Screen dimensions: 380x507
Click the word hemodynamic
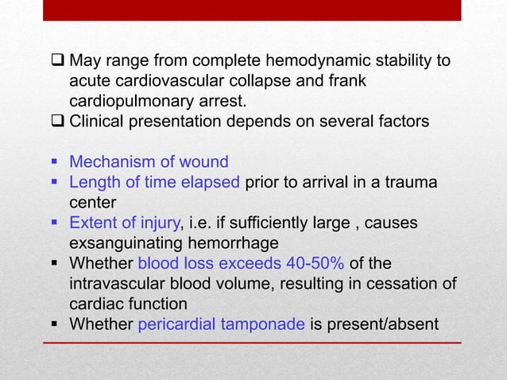(274, 61)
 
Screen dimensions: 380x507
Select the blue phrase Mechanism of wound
(149, 162)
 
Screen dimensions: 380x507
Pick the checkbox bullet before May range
(58, 61)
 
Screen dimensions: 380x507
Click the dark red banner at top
(253, 10)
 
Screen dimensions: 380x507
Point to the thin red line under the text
(253, 343)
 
